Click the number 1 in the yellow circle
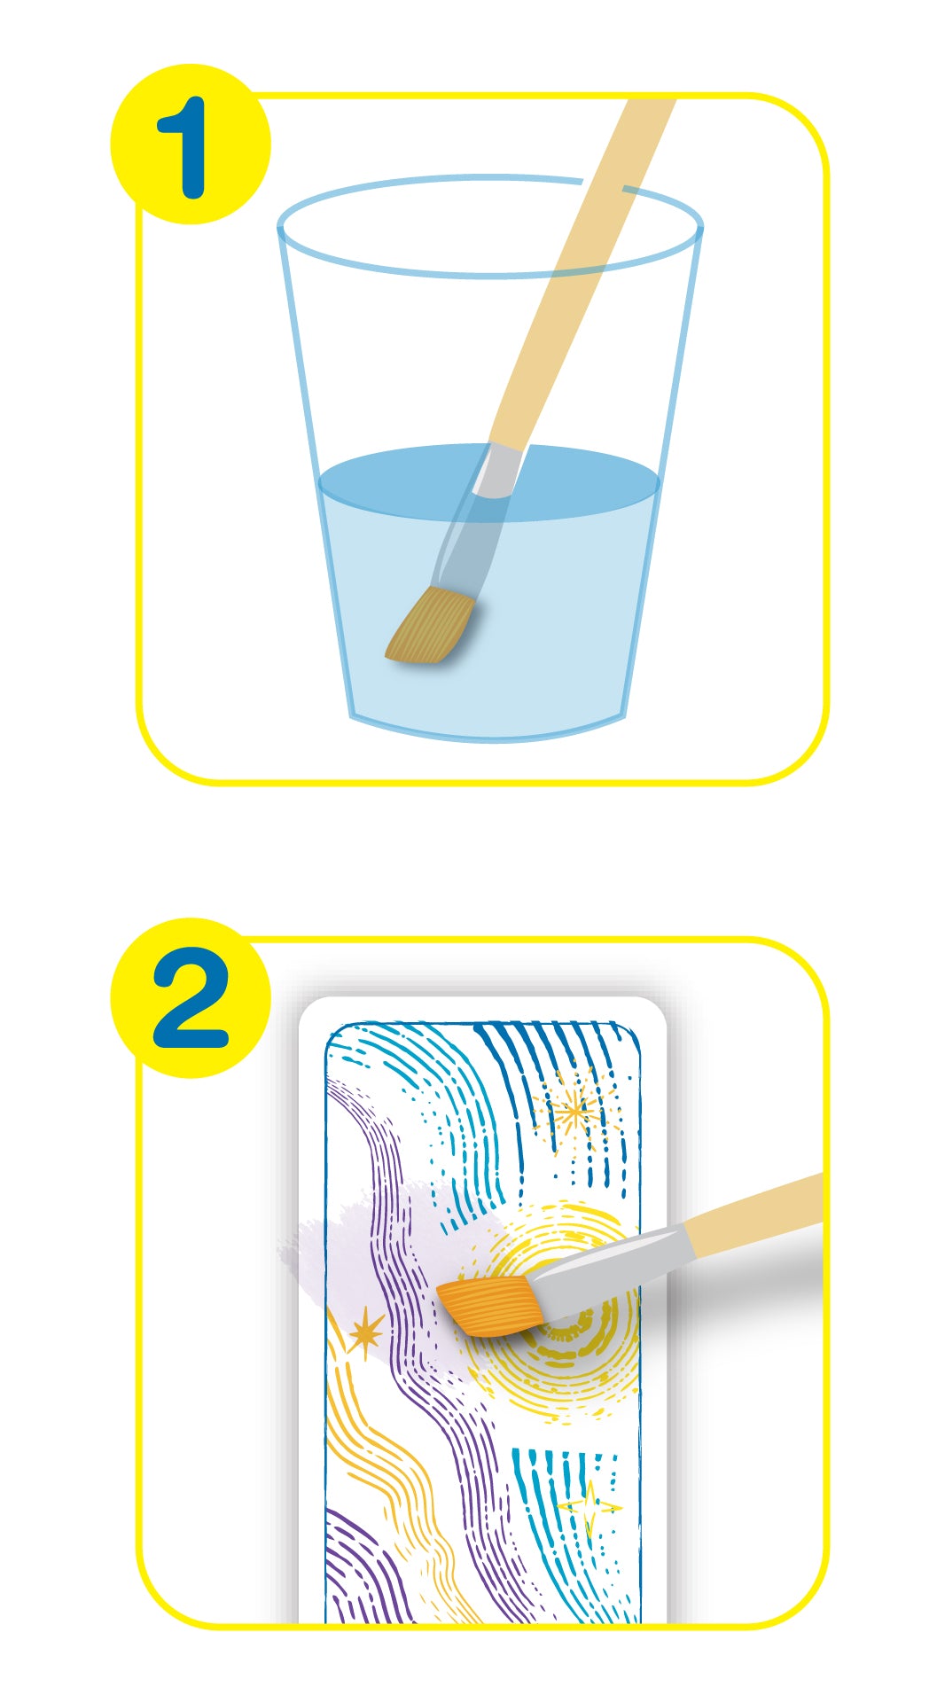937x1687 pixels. pos(183,147)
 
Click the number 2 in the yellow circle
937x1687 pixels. pos(191,998)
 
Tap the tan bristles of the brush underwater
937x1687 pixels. pos(431,625)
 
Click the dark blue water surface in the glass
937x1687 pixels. pos(489,482)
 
